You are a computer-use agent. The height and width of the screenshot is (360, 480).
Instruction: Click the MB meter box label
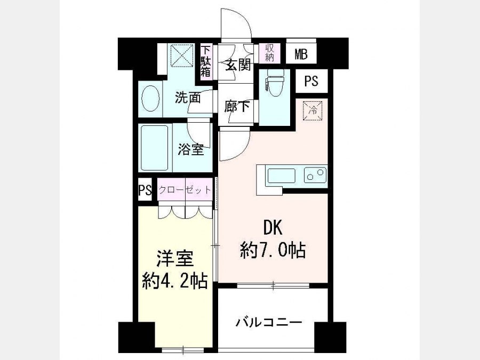point(301,54)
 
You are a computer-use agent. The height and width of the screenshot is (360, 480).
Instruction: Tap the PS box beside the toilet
point(311,81)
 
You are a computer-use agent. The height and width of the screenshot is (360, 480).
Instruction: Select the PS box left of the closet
point(145,190)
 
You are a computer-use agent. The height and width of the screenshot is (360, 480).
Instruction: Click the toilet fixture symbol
point(274,82)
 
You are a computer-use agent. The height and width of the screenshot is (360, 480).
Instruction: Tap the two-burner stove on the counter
point(315,175)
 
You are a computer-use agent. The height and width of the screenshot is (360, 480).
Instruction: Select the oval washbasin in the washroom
point(150,99)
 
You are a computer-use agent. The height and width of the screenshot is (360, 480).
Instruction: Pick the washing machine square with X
point(182,55)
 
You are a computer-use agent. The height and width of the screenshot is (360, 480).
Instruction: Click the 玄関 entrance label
point(238,65)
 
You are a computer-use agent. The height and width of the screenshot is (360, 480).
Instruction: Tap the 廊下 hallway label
point(236,107)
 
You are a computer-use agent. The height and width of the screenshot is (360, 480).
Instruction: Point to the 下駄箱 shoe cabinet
point(206,61)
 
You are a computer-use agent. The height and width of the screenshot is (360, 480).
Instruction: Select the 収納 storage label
point(269,53)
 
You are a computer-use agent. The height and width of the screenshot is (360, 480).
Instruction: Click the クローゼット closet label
point(185,190)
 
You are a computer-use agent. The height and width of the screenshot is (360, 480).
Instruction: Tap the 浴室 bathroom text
point(191,150)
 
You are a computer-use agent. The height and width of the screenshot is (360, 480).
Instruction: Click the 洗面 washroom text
point(188,98)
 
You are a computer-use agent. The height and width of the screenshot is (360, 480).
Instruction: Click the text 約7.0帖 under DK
point(273,250)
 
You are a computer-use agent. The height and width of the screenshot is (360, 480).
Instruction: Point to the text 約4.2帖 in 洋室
point(175,281)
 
